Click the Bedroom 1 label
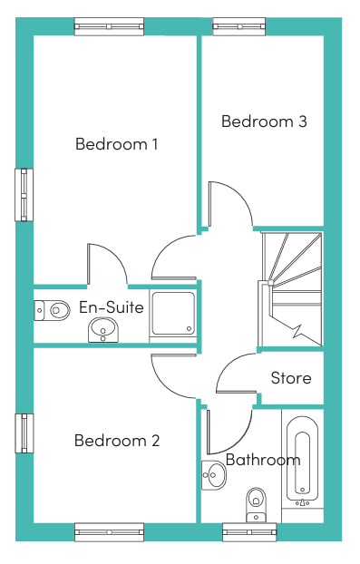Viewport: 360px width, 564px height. click(116, 144)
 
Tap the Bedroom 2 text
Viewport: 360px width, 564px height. click(117, 441)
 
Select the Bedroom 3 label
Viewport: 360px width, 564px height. click(264, 122)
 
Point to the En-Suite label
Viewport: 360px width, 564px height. click(112, 307)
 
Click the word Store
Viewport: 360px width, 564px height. click(291, 378)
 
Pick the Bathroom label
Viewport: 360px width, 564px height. click(263, 460)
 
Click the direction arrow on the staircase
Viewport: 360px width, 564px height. click(296, 329)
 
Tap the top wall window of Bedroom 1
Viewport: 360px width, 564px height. click(109, 27)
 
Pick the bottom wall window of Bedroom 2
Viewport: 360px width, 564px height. click(109, 531)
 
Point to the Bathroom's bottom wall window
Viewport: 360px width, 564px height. click(249, 531)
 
